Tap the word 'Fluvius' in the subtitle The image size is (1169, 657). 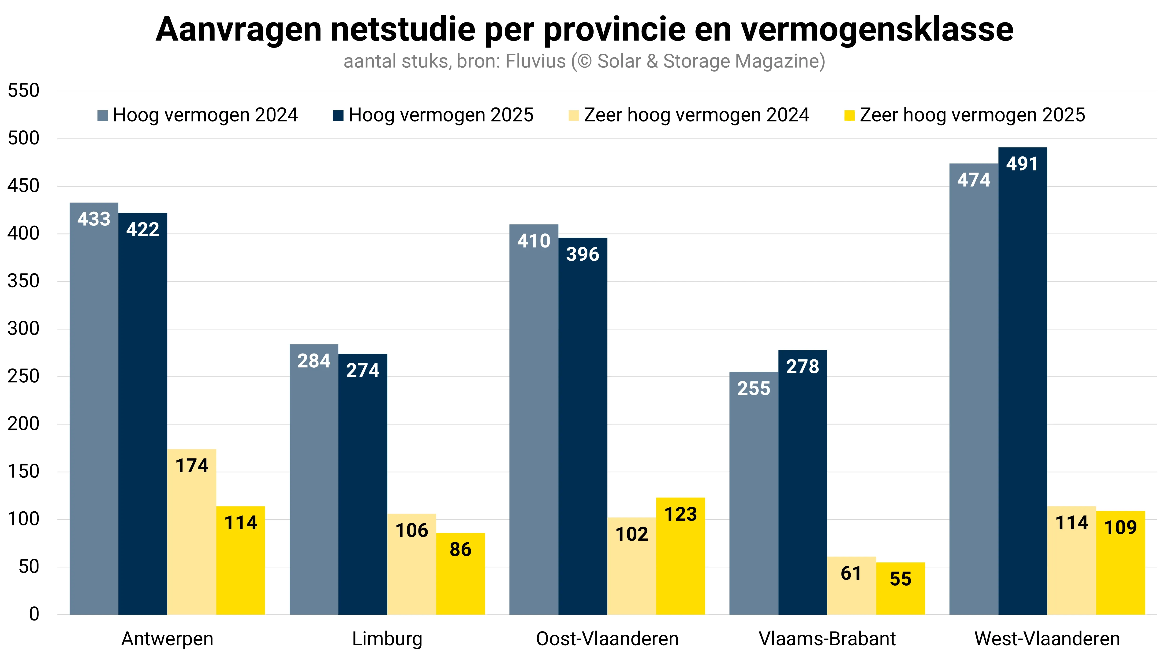coord(535,61)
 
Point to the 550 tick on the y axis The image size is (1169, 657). coord(24,91)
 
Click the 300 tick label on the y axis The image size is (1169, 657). coord(24,329)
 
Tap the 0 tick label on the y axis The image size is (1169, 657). coord(34,614)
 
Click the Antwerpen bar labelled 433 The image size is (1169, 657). coord(94,408)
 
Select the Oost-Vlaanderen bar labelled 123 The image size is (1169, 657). coord(680,558)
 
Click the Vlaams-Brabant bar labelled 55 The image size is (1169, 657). coord(900,589)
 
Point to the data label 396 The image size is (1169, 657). coord(583,254)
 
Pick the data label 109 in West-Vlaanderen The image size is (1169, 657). coord(1120,527)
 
